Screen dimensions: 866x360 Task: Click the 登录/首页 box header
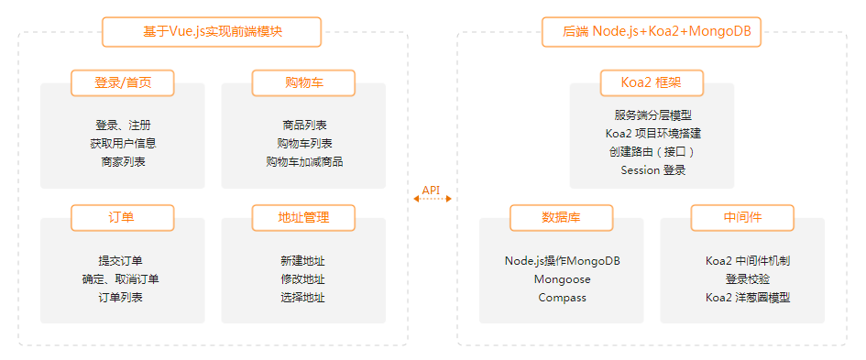[x=123, y=82]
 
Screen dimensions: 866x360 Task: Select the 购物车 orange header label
[x=303, y=82]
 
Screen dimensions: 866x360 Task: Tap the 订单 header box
[x=123, y=217]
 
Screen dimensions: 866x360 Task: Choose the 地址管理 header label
[x=303, y=217]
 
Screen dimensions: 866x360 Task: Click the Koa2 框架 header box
[x=651, y=82]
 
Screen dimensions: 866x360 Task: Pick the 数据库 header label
[x=561, y=218]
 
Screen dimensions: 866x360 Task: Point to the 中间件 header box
[x=741, y=218]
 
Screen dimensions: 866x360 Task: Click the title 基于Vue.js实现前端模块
[x=212, y=31]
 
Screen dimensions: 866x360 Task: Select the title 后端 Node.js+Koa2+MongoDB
[x=652, y=31]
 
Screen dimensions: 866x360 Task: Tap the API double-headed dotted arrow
[x=432, y=198]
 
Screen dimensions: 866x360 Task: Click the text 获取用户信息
[x=123, y=143]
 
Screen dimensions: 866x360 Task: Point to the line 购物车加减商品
[x=303, y=161]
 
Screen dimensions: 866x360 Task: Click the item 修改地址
[x=303, y=278]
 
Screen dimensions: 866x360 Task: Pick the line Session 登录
[x=652, y=169]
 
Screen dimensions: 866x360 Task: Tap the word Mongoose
[x=562, y=278]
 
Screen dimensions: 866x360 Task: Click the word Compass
[x=562, y=297]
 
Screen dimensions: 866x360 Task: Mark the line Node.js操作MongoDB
[x=562, y=260]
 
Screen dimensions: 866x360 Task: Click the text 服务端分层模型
[x=652, y=115]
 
